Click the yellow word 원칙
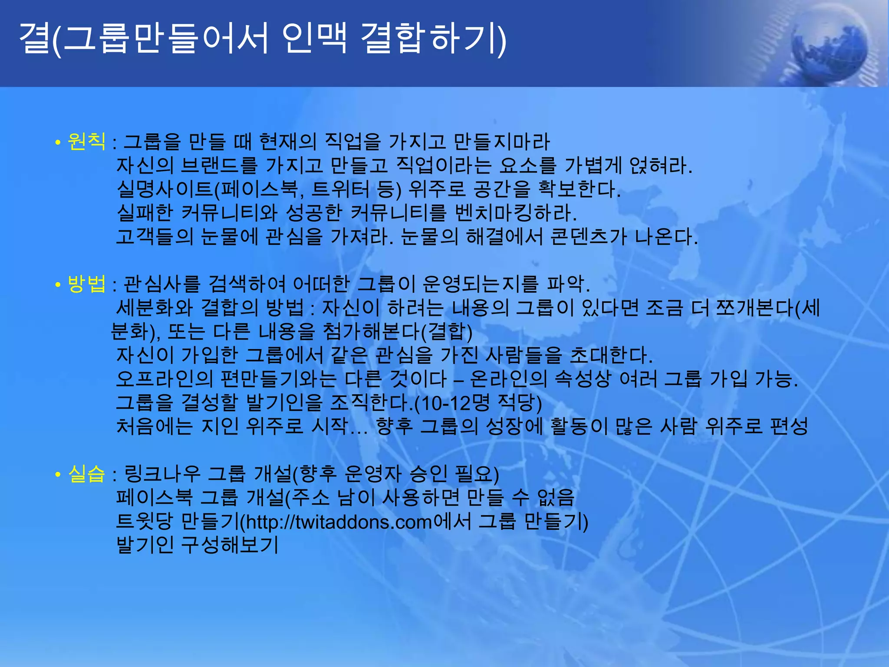coord(86,142)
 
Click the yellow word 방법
coord(86,284)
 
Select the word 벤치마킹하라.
coord(516,213)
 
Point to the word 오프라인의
coord(165,379)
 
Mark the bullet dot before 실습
coord(57,475)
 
